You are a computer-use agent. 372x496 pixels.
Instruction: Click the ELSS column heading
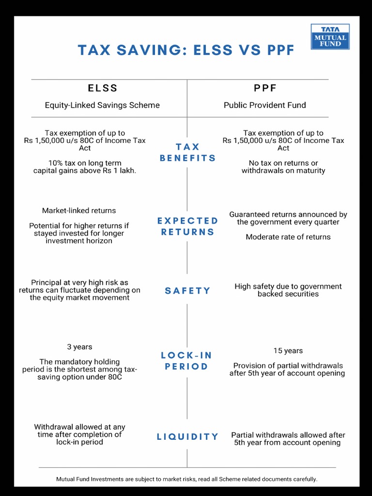(x=102, y=88)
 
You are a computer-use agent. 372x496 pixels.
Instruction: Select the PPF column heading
(x=265, y=88)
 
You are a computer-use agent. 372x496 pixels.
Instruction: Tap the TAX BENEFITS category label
(x=187, y=152)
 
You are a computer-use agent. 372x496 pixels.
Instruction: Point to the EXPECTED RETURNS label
(x=187, y=226)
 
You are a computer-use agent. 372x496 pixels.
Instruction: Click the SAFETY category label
(x=187, y=291)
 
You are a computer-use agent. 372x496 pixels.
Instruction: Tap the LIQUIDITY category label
(x=187, y=436)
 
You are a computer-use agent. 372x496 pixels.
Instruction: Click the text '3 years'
(x=79, y=347)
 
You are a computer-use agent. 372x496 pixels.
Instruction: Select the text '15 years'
(x=288, y=351)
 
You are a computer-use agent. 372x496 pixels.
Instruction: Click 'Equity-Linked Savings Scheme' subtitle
(x=102, y=105)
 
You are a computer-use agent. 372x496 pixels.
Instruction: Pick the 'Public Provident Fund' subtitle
(x=265, y=105)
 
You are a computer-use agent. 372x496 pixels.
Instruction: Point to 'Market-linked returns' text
(x=79, y=211)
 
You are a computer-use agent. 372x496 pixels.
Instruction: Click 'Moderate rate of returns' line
(x=288, y=237)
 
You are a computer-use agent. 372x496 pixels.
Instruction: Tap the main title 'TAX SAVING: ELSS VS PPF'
(x=186, y=50)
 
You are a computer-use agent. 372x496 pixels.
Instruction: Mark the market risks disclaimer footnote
(x=186, y=479)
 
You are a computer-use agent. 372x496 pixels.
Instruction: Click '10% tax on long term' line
(x=85, y=163)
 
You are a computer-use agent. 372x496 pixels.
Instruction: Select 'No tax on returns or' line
(x=283, y=163)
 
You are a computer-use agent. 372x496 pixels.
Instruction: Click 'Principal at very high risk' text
(x=79, y=282)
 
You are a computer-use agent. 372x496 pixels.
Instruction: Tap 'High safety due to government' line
(x=288, y=286)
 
